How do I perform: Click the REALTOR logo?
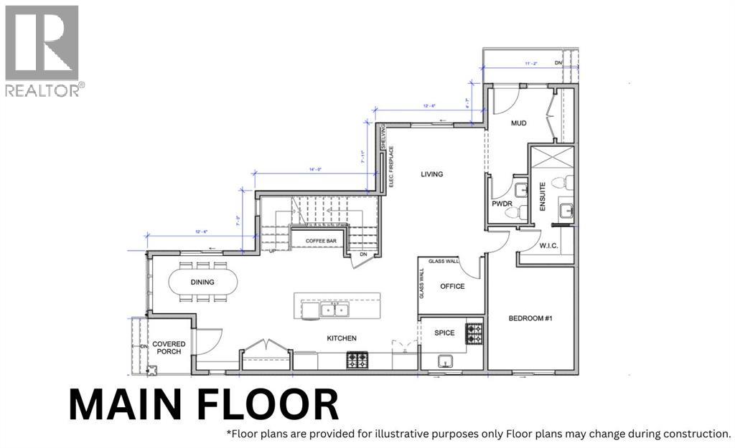[x=42, y=50]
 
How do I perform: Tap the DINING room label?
[x=202, y=282]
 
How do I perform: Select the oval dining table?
[x=203, y=281]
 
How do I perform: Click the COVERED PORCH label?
[x=169, y=348]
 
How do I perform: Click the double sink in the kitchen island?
[x=334, y=310]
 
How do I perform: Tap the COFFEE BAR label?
[x=321, y=241]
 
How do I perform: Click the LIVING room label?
[x=431, y=174]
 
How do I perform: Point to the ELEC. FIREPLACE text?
[x=391, y=172]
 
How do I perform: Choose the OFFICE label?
[x=452, y=287]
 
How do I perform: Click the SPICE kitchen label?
[x=444, y=333]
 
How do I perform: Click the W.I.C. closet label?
[x=549, y=246]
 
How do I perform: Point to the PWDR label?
[x=500, y=204]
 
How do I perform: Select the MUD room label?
[x=518, y=123]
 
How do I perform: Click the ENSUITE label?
[x=543, y=196]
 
